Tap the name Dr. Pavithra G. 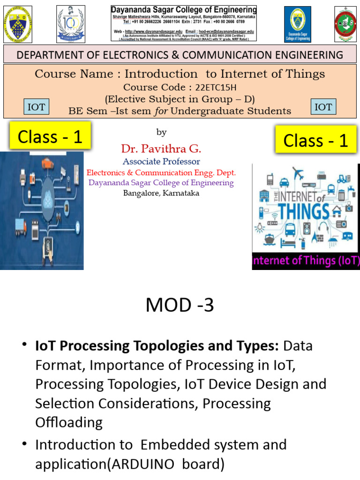pyautogui.click(x=161, y=150)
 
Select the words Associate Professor pyautogui.click(x=161, y=161)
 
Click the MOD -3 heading pyautogui.click(x=180, y=306)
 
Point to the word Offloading pyautogui.click(x=69, y=422)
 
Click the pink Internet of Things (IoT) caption pyautogui.click(x=306, y=261)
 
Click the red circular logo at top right pyautogui.click(x=345, y=24)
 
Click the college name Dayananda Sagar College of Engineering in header pyautogui.click(x=184, y=10)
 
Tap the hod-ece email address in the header pyautogui.click(x=228, y=31)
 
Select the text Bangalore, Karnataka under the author pyautogui.click(x=161, y=193)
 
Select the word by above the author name pyautogui.click(x=161, y=133)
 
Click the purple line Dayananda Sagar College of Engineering pyautogui.click(x=161, y=182)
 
